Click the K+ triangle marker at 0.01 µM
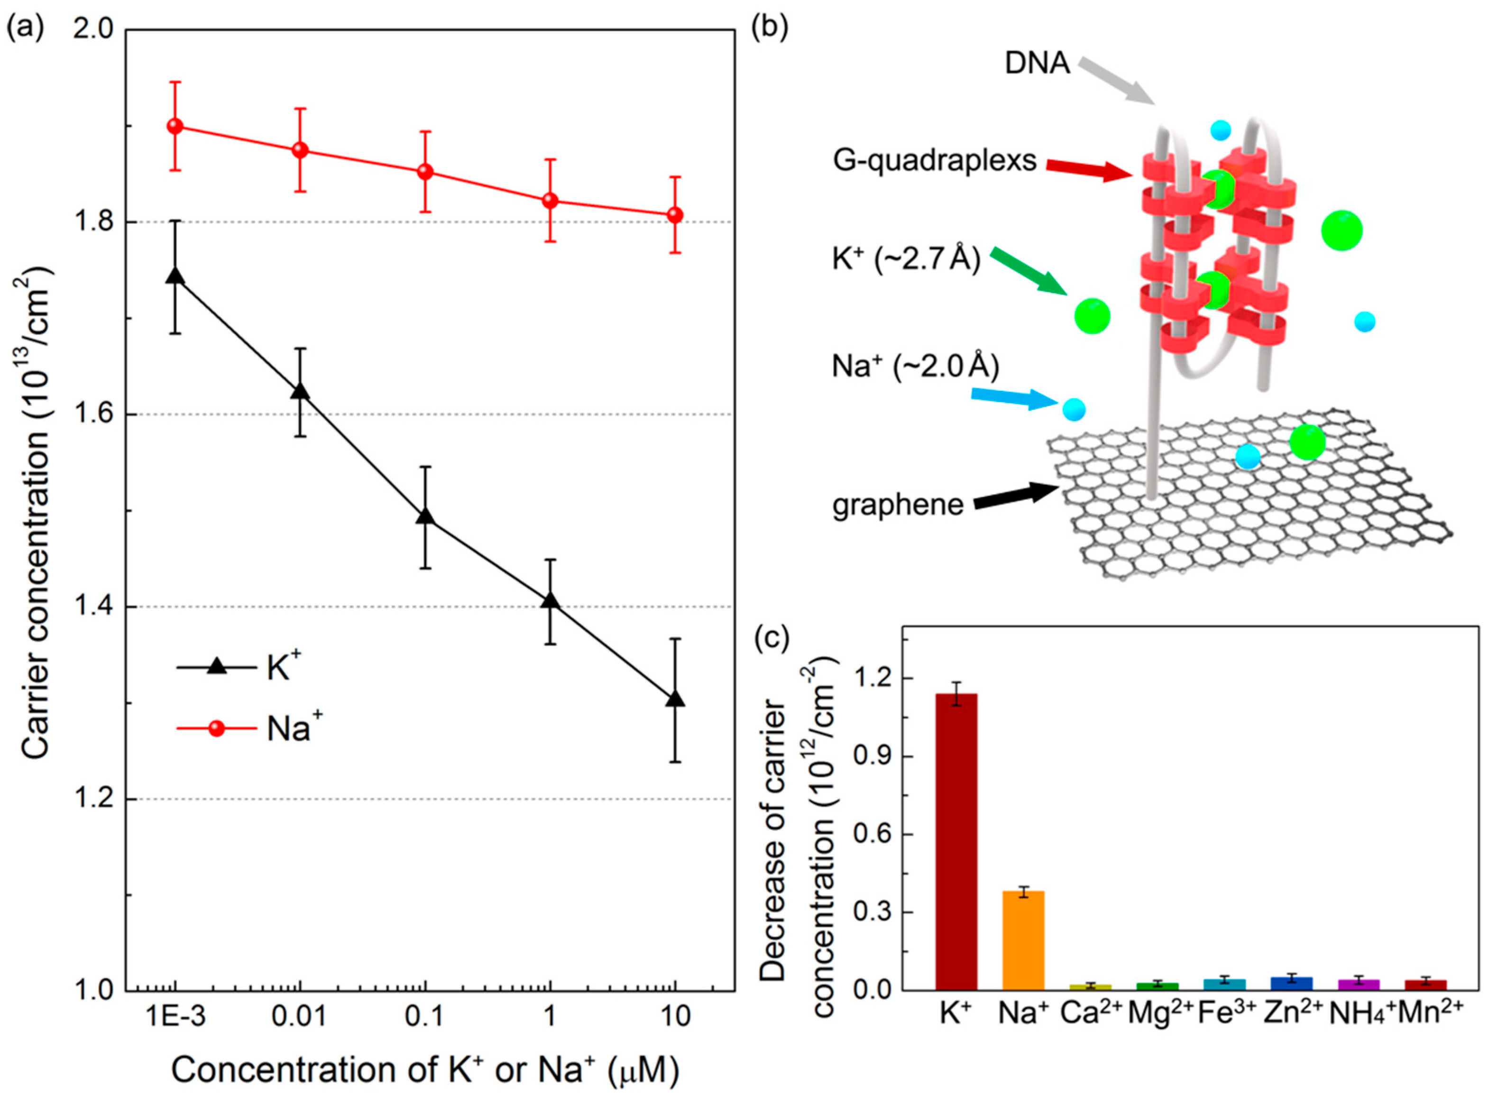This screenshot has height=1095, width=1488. coord(300,392)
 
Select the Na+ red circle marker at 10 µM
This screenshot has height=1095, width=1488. coord(675,215)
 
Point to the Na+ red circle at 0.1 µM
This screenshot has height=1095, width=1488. coord(425,172)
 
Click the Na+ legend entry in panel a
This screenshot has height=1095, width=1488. coord(248,728)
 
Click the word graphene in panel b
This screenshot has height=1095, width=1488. coord(898,505)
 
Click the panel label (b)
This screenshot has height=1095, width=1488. coord(770,28)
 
